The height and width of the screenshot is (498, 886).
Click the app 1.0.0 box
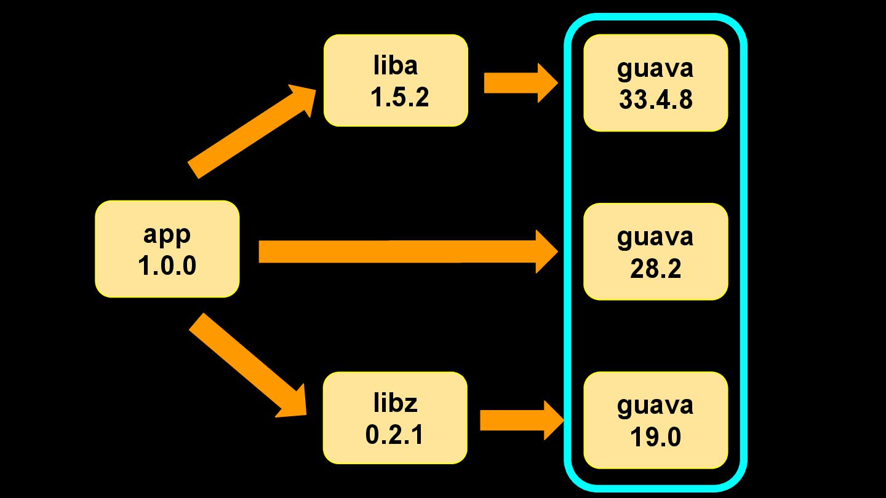(167, 249)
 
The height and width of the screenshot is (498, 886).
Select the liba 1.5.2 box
(396, 81)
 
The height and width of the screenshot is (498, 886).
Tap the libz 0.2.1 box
(395, 417)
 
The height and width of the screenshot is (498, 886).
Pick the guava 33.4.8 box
(655, 83)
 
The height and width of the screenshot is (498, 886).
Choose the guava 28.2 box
(655, 251)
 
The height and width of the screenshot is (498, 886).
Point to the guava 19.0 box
(655, 421)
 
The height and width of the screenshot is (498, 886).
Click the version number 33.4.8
(655, 100)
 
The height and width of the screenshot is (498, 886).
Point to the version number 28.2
(655, 269)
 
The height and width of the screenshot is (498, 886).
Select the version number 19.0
(655, 437)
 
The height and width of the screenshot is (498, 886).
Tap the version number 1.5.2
(399, 97)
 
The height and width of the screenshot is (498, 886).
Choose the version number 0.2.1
(394, 435)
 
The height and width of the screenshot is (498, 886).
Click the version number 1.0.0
(167, 266)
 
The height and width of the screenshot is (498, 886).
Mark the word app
(167, 234)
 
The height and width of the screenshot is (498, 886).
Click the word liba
(396, 65)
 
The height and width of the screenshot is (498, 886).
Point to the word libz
(395, 403)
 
